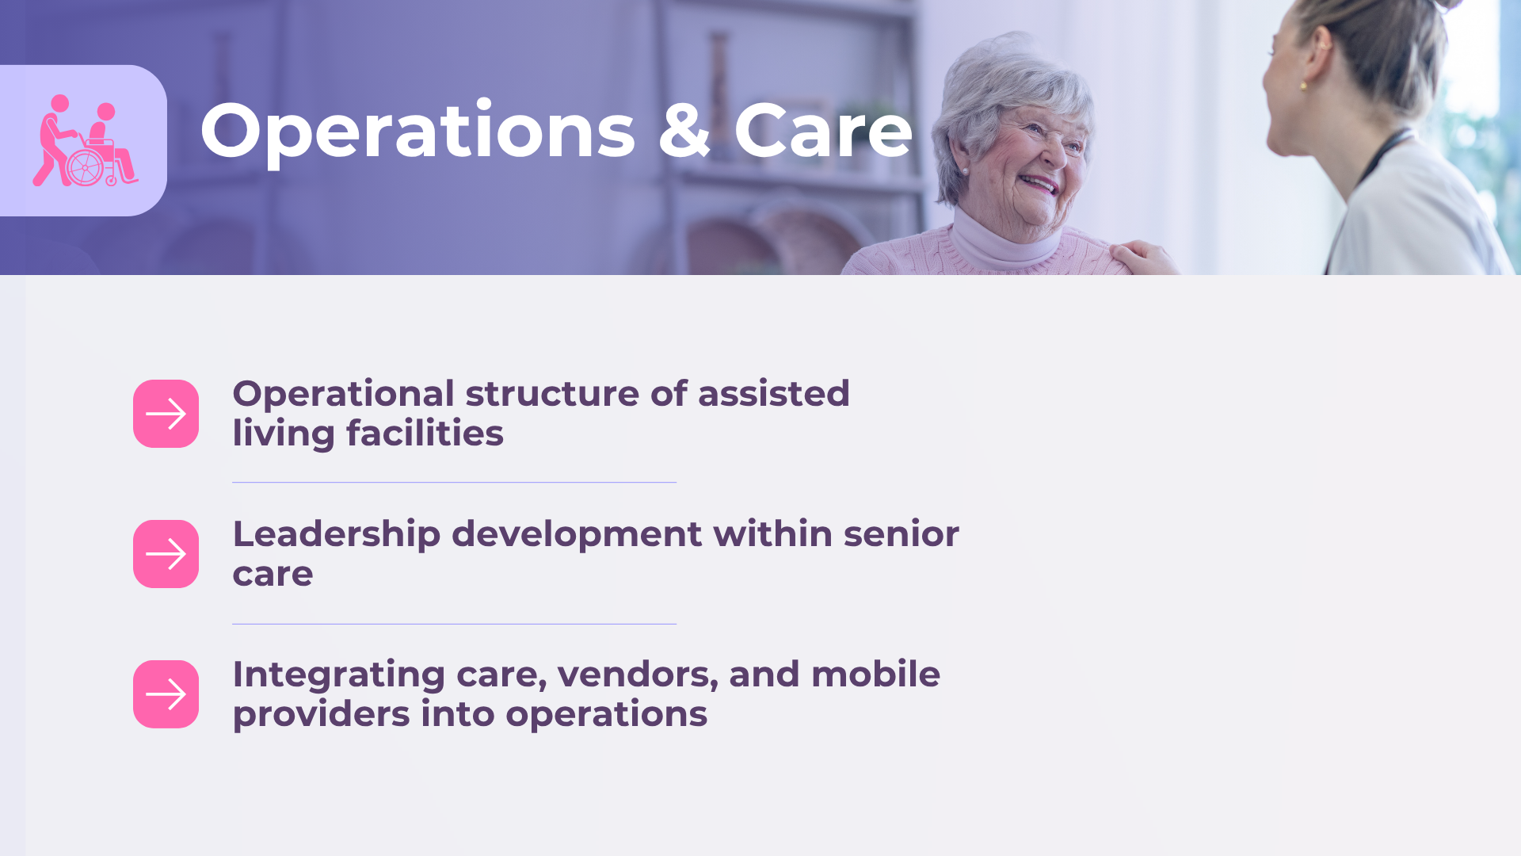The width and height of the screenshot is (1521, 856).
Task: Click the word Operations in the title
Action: coord(417,132)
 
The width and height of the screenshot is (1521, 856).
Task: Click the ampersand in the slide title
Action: coord(684,130)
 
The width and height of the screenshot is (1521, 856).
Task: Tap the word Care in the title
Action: coord(823,130)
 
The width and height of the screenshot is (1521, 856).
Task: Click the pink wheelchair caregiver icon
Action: coord(86,141)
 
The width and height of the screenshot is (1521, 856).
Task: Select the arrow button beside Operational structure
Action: coord(166,414)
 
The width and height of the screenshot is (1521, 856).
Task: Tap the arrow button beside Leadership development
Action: coord(166,554)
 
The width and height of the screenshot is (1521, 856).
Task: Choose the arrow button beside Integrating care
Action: coord(166,694)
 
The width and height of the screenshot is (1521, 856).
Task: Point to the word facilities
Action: coord(425,433)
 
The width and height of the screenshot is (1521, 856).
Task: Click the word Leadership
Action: coord(337,535)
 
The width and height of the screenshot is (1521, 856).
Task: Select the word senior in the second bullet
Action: coord(902,534)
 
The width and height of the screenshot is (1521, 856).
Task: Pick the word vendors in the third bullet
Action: coord(638,675)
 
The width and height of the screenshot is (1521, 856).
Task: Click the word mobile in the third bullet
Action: coord(875,674)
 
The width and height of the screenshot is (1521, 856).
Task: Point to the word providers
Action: coord(321,715)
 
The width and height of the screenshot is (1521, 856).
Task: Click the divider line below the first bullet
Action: coord(454,482)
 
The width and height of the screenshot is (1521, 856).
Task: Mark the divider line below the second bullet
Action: coord(454,624)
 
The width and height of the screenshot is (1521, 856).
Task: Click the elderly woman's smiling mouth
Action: coord(1039,185)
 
